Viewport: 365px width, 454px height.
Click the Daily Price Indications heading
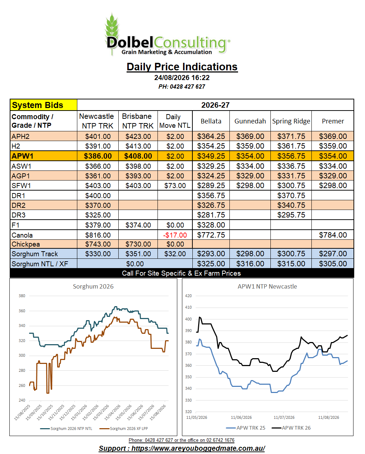tap(182, 67)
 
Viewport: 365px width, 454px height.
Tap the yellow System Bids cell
tap(44, 105)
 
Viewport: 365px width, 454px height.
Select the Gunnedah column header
tap(250, 121)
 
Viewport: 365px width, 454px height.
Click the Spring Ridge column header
tap(291, 121)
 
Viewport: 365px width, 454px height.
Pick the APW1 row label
tap(22, 156)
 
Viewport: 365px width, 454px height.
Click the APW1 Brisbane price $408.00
tap(138, 156)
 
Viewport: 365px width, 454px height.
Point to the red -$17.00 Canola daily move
tap(175, 235)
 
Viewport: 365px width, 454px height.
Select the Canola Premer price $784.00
tap(333, 235)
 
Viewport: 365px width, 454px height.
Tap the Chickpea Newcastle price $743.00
tap(98, 244)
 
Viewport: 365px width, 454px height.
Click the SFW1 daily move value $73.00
tap(175, 186)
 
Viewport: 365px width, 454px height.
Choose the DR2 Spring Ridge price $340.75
tap(291, 205)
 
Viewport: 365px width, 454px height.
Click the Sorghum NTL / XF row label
tap(40, 264)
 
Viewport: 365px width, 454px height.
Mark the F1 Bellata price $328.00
tap(211, 225)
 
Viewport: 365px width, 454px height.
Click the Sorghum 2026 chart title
tap(93, 286)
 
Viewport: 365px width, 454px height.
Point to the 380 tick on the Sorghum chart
tap(22, 296)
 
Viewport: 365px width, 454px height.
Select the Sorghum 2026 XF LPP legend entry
tap(124, 429)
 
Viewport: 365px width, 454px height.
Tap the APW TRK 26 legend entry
tap(291, 428)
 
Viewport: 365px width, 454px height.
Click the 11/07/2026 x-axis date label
tap(284, 417)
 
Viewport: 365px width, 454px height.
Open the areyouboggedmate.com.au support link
tap(182, 448)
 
